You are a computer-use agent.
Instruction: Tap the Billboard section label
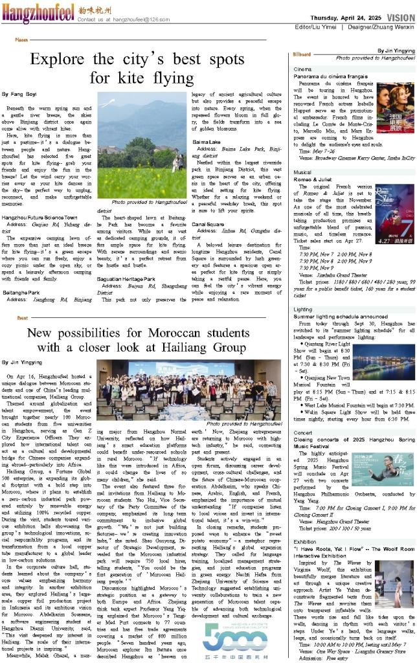click(x=302, y=54)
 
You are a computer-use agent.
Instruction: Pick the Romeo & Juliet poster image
click(x=395, y=212)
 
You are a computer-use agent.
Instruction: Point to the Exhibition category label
click(x=305, y=541)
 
